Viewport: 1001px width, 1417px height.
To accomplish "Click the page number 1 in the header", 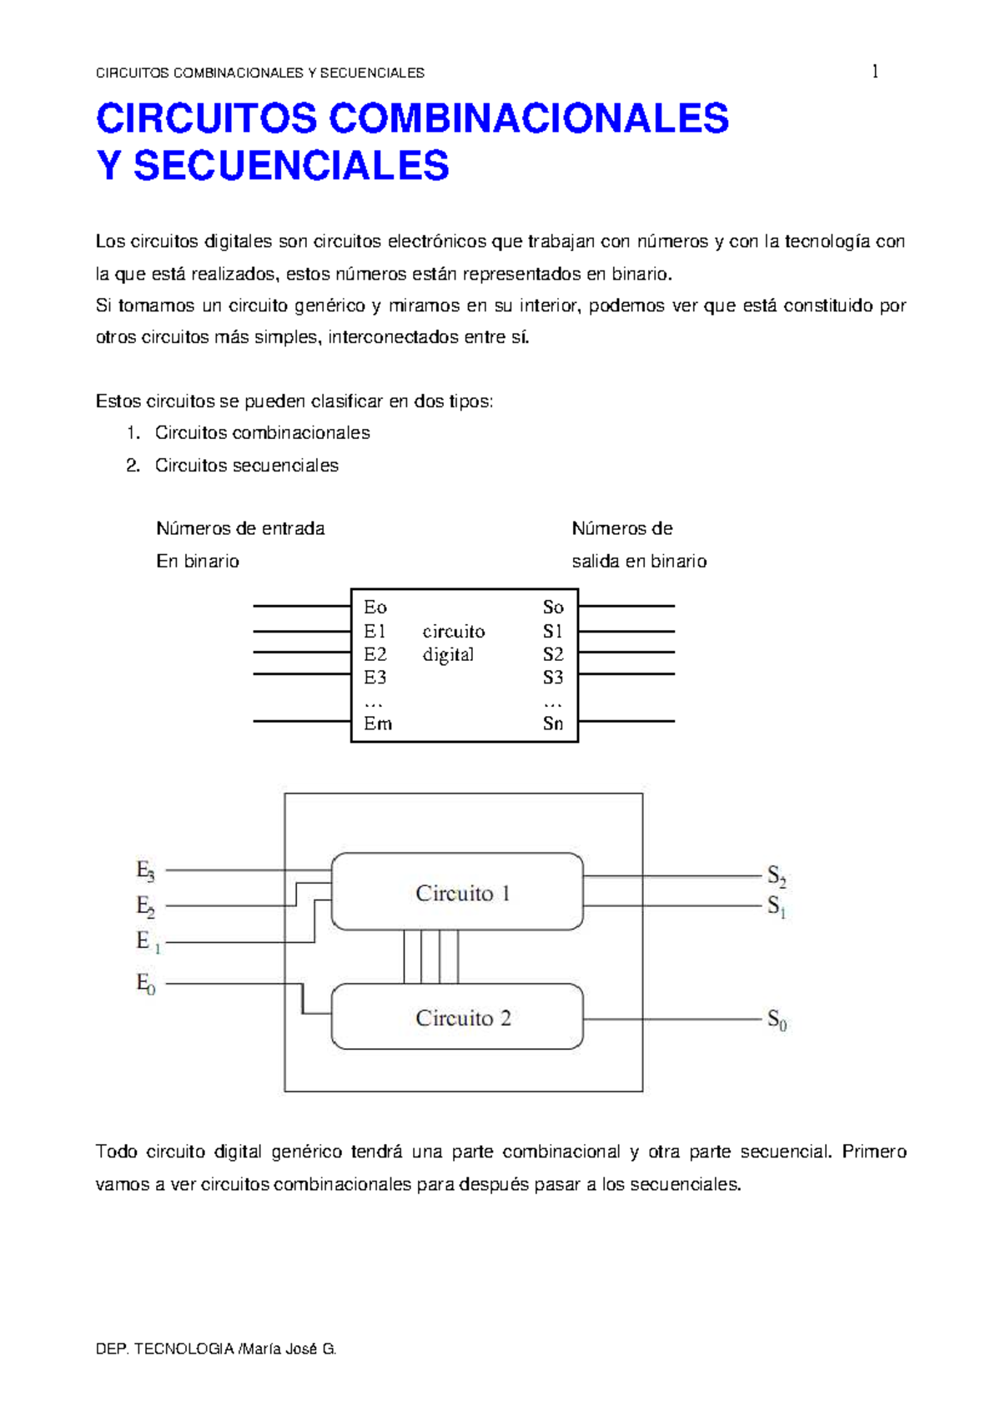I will [874, 72].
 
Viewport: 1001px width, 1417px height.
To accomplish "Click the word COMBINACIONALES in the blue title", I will [528, 119].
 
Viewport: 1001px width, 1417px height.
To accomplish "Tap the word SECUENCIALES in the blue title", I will [291, 165].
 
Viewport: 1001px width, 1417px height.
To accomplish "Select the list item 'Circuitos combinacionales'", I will [262, 433].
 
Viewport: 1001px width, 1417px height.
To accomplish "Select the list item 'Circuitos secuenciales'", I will [246, 466].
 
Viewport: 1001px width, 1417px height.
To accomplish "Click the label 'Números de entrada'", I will [240, 529].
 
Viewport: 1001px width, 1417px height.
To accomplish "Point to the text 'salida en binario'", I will [639, 562].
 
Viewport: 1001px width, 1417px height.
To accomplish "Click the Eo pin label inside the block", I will [375, 608].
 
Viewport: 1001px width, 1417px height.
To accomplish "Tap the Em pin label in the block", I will [377, 724].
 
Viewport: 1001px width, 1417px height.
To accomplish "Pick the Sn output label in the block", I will [553, 724].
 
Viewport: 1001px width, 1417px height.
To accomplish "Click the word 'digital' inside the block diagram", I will [448, 655].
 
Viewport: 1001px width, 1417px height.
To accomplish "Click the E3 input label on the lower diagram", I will [145, 871].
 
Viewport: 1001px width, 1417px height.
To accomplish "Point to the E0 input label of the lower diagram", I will [145, 984].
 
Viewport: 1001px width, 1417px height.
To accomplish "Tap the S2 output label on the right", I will [777, 876].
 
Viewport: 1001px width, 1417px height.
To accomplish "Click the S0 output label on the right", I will [777, 1020].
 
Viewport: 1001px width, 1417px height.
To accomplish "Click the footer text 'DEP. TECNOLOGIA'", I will [164, 1349].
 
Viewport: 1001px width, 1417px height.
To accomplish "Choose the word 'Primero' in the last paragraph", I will [873, 1152].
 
